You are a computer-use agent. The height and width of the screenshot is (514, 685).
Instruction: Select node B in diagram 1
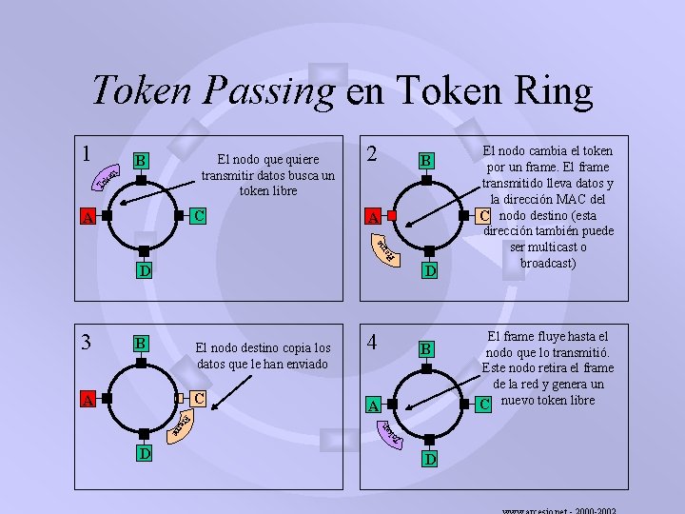[x=141, y=160]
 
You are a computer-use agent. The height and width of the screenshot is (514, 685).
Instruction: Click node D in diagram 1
[x=142, y=272]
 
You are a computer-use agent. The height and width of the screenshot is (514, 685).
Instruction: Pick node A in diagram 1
[x=87, y=219]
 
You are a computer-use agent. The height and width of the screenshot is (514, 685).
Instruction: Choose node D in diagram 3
[x=143, y=453]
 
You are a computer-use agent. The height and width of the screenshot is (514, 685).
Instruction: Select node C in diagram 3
[x=199, y=396]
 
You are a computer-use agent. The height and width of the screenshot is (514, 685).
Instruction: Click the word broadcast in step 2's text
[x=547, y=263]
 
